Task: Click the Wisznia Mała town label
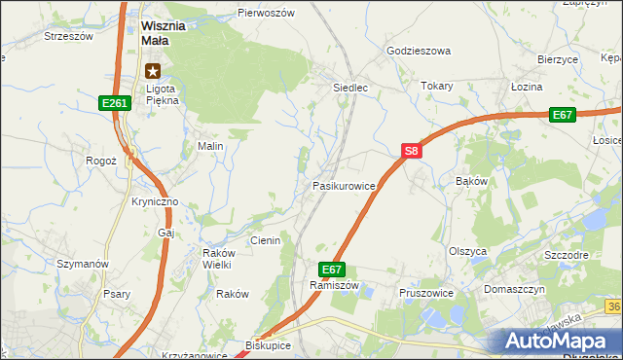169,34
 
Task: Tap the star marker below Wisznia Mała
153,70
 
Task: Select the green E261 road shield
114,102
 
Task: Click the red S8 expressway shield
411,151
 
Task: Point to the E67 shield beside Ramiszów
331,269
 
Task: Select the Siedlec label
351,87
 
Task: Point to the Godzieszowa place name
419,51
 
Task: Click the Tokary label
438,86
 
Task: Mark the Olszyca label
467,250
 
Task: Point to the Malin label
211,146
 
